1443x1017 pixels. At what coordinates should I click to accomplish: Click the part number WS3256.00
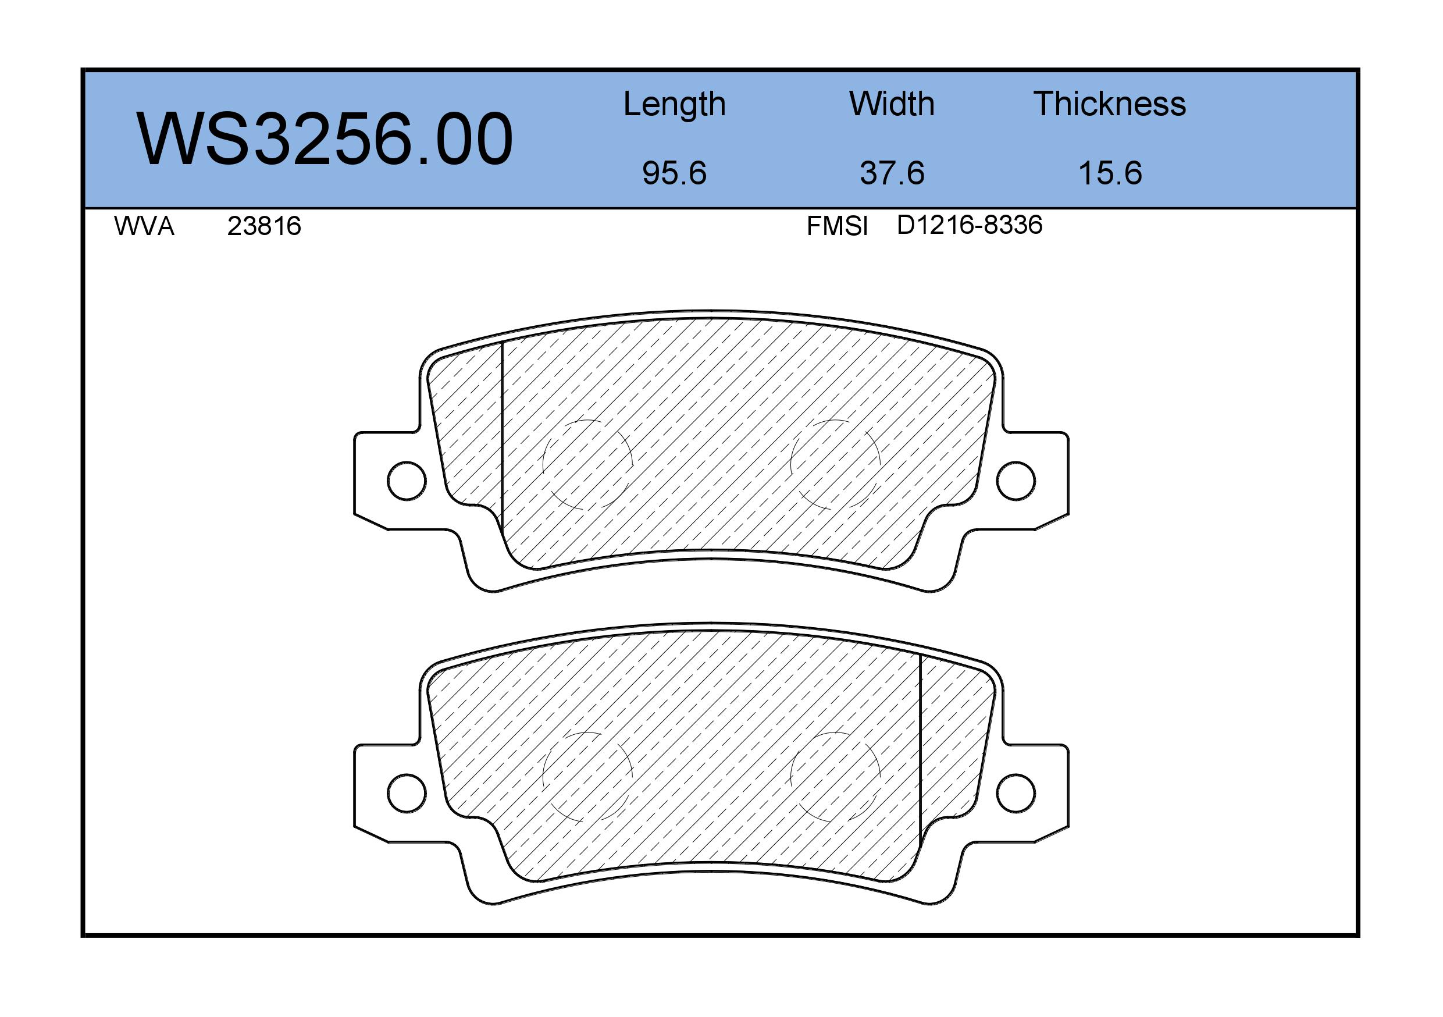(x=325, y=139)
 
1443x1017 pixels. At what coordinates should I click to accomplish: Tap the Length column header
(x=674, y=104)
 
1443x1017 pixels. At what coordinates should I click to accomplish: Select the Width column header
(x=891, y=104)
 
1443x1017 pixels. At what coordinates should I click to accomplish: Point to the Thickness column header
(x=1109, y=104)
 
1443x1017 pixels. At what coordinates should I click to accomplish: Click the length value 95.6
(x=674, y=173)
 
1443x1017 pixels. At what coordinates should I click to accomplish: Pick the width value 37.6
(x=892, y=173)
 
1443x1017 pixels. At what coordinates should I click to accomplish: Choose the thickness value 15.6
(x=1110, y=173)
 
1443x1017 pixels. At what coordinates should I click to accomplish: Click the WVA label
(x=144, y=226)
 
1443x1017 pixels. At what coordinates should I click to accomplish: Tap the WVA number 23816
(x=264, y=226)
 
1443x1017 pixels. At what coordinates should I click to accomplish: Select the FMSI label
(x=836, y=226)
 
